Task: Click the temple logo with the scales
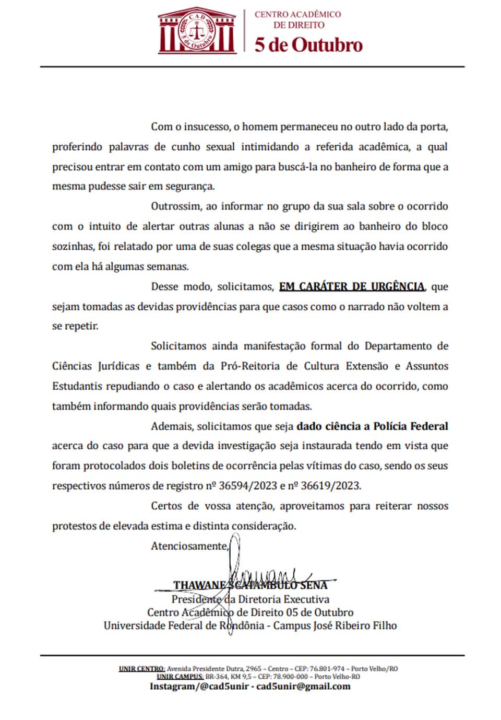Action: coord(197,31)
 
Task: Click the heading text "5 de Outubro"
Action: coord(308,45)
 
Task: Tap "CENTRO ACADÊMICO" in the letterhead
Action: coord(297,14)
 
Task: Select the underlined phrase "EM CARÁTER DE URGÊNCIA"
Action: coord(352,286)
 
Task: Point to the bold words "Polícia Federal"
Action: coord(410,426)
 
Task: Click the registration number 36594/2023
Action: coord(248,486)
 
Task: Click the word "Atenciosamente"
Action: coord(189,546)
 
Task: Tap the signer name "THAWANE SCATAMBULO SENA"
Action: coord(250,586)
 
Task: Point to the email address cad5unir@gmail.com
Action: coord(303,686)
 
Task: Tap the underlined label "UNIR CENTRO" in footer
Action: coord(142,669)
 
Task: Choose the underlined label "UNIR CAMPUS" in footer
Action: coord(180,677)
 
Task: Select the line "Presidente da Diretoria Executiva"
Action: coord(250,599)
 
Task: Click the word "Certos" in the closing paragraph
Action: coord(166,506)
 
